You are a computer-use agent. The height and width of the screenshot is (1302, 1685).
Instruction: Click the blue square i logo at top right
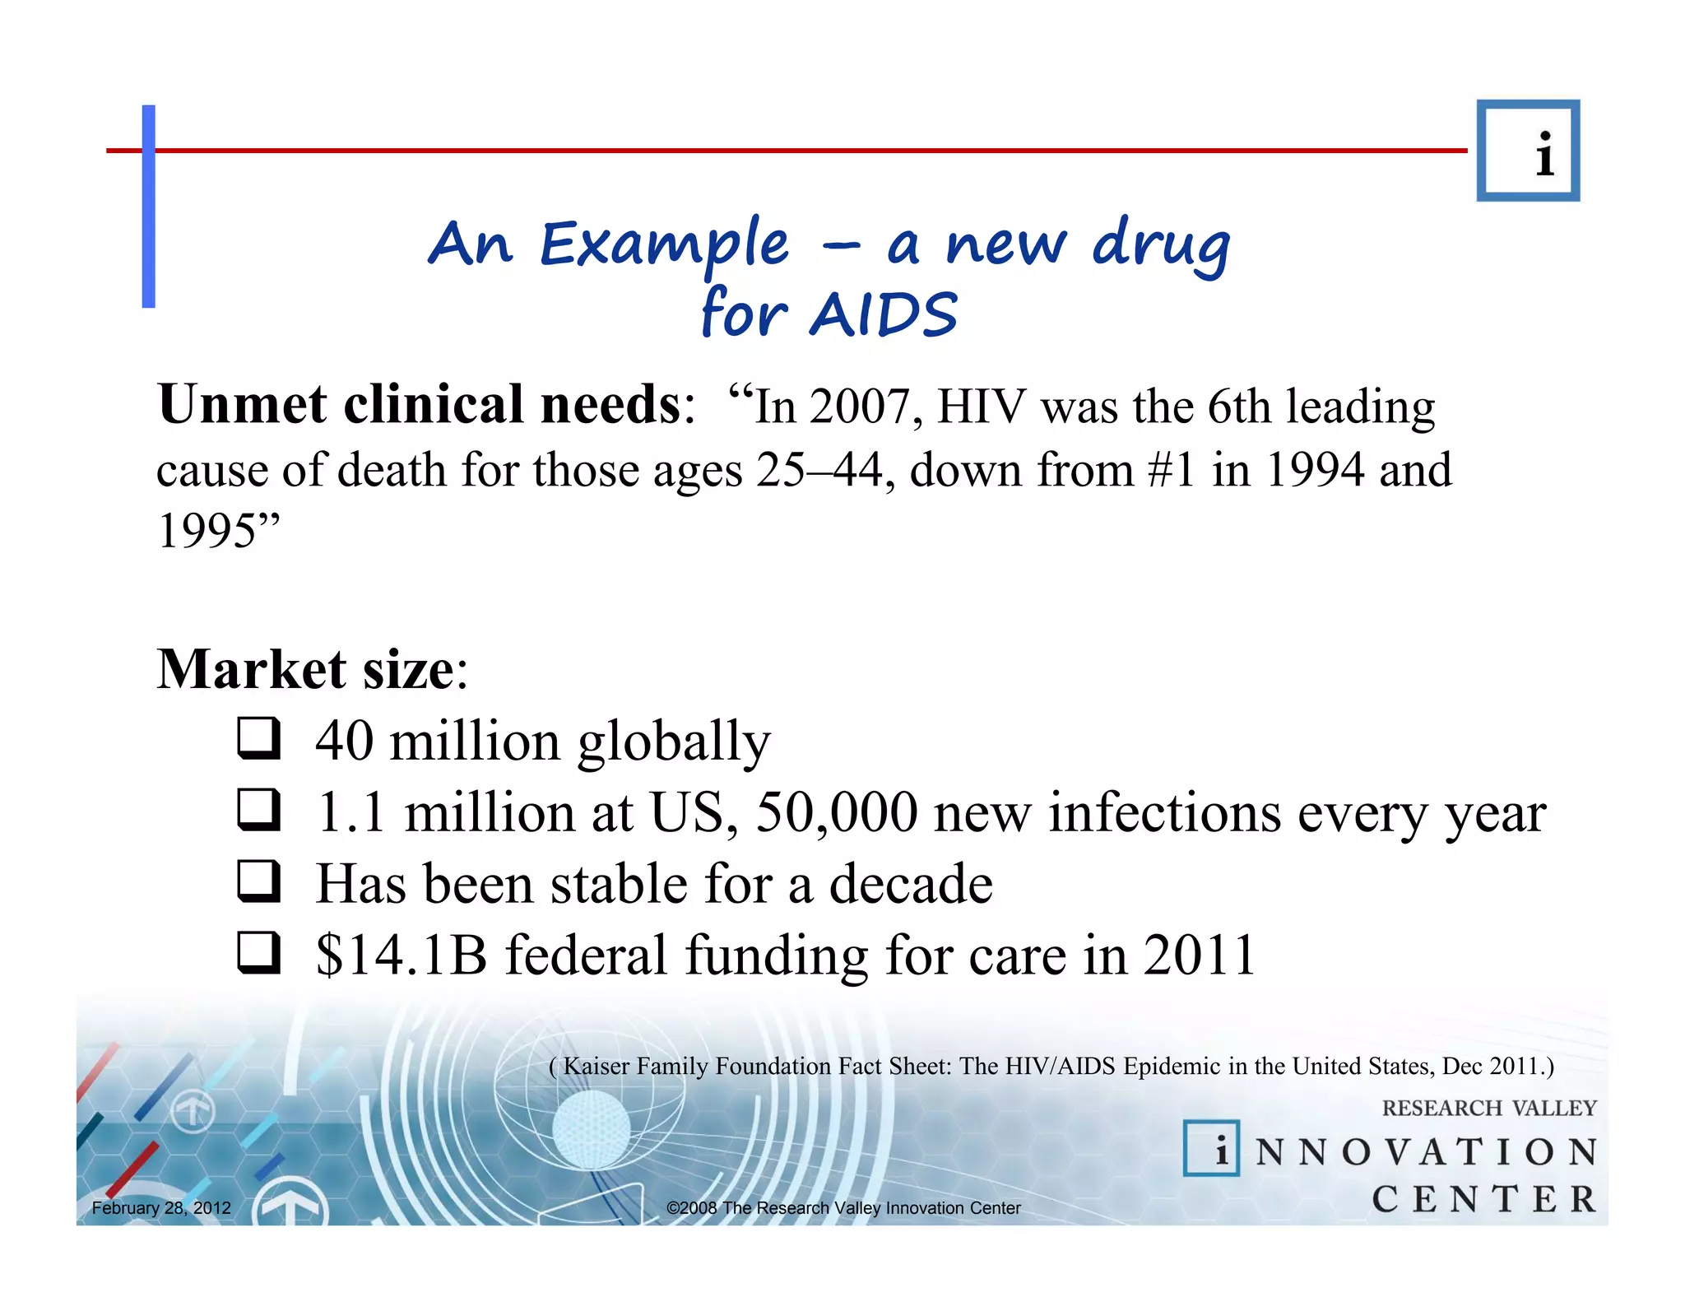1528,151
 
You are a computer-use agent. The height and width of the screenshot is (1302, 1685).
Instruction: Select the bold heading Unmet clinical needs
420,405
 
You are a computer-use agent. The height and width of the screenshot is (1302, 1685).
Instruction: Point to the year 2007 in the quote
866,407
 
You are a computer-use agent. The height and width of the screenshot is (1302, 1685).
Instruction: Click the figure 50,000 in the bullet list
836,812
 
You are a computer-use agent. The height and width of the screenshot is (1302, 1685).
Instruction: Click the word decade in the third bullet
910,884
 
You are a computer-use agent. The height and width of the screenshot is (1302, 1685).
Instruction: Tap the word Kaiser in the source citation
595,1067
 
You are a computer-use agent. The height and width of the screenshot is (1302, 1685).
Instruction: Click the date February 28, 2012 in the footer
161,1208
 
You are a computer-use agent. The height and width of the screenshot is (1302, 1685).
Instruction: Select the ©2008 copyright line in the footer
843,1208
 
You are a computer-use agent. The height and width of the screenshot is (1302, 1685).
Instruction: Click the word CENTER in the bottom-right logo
1483,1199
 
